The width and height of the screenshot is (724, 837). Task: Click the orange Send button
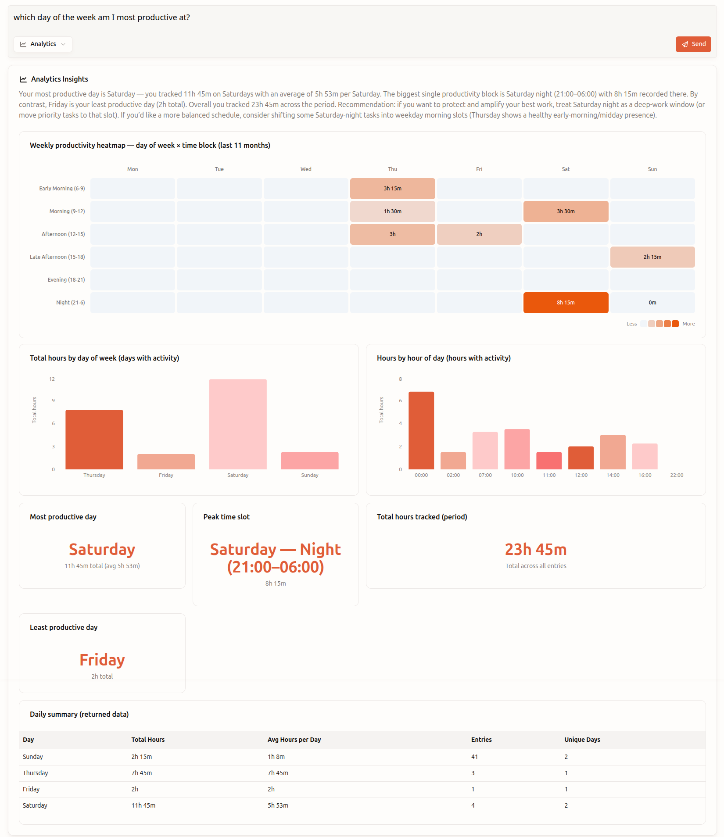tap(693, 44)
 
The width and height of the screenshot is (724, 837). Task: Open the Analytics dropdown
tap(43, 44)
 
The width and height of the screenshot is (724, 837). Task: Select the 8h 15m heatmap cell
tap(565, 303)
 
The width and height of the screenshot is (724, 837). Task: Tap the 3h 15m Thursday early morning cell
tap(392, 189)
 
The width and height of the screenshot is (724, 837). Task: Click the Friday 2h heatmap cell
tap(479, 234)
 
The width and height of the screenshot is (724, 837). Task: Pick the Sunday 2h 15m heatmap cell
tap(652, 257)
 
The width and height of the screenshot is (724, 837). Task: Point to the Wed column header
tap(306, 169)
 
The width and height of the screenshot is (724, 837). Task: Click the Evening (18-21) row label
tap(66, 280)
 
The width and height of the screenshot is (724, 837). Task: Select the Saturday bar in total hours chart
tap(238, 424)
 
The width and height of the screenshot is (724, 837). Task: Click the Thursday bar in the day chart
tap(94, 440)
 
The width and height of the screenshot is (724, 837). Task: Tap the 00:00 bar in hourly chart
tap(421, 430)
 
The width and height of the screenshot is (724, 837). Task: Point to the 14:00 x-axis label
tap(613, 475)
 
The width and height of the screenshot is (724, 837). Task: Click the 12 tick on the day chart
tap(52, 379)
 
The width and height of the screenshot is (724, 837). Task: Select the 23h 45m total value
tap(535, 549)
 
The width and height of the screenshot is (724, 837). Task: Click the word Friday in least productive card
tap(102, 660)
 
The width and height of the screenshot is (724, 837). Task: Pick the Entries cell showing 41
tap(474, 757)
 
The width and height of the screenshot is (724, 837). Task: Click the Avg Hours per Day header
tap(294, 740)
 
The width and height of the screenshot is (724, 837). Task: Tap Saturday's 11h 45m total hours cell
tap(143, 805)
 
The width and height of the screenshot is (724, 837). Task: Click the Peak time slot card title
tap(226, 517)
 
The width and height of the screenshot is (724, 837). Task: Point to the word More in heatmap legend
tap(688, 324)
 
